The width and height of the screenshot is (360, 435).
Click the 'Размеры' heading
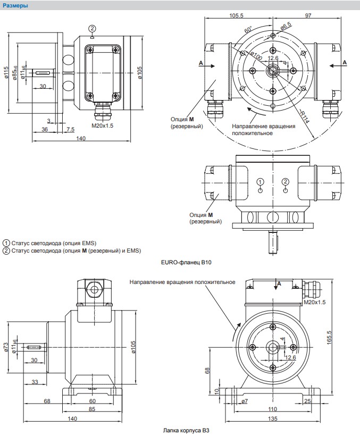(15, 5)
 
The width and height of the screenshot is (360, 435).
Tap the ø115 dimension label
(7, 73)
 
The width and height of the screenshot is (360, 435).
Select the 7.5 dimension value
(70, 129)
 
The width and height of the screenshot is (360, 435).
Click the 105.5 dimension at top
(236, 15)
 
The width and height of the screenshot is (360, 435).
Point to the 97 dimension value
(308, 15)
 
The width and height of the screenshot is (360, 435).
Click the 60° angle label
(248, 29)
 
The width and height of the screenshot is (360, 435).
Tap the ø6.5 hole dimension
(286, 26)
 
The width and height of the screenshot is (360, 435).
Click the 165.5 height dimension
(329, 337)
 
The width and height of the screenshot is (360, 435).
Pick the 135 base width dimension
(272, 419)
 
